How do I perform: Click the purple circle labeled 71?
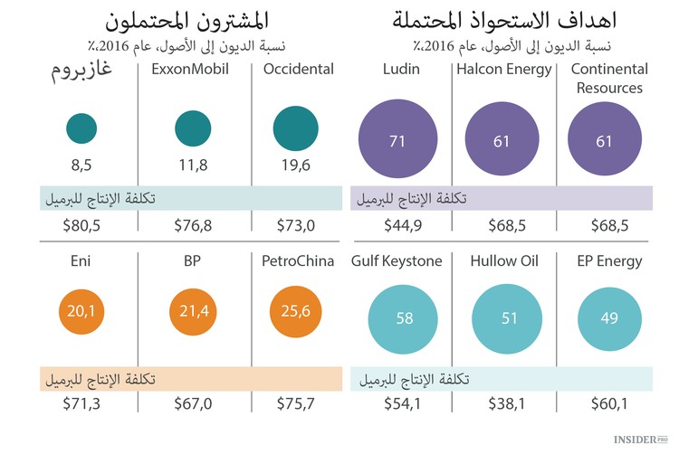(397, 140)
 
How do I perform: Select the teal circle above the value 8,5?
(81, 128)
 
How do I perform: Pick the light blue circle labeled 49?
(609, 317)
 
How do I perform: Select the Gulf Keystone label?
(397, 261)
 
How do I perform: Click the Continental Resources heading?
(609, 79)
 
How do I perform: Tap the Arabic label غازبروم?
(82, 71)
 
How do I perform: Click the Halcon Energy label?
(504, 70)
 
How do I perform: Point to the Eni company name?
(81, 261)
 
